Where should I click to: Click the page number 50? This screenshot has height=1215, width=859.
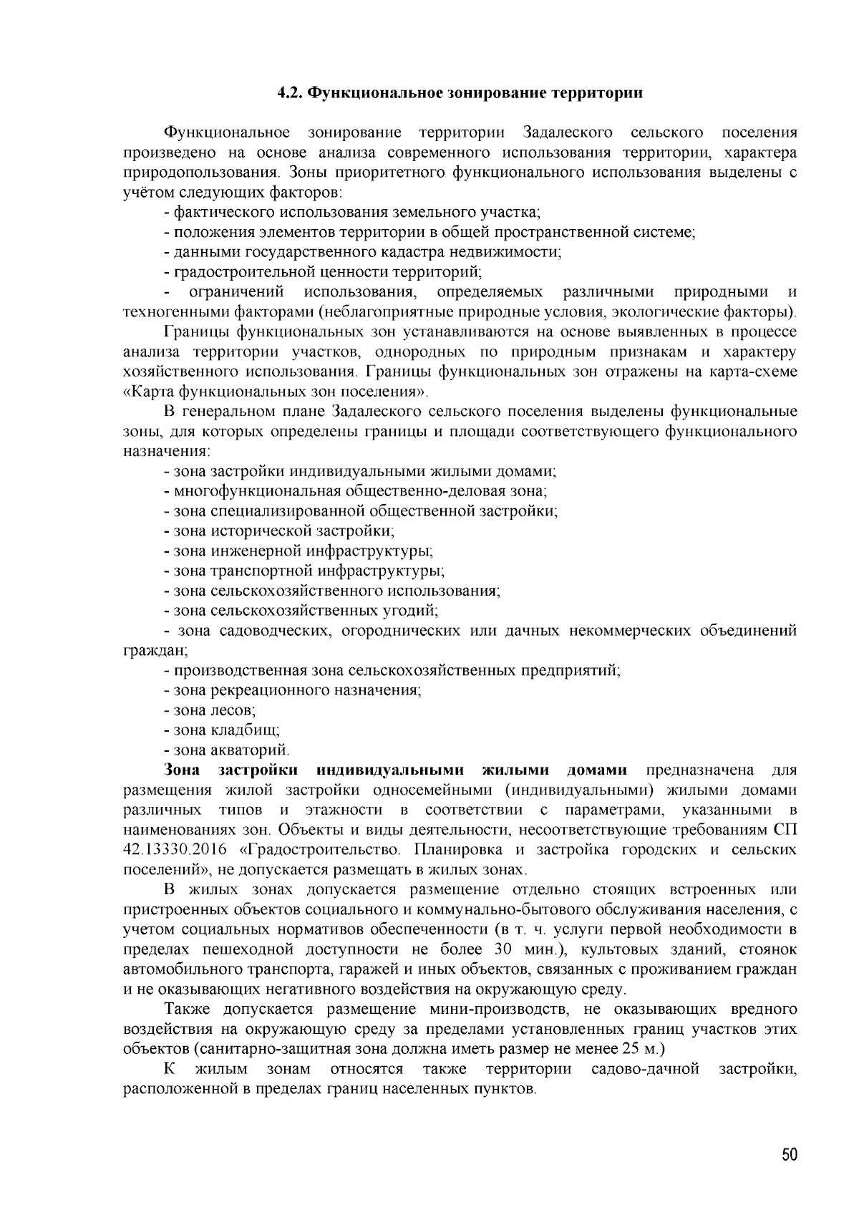coord(789,1155)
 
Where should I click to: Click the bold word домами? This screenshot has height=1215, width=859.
coord(597,770)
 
